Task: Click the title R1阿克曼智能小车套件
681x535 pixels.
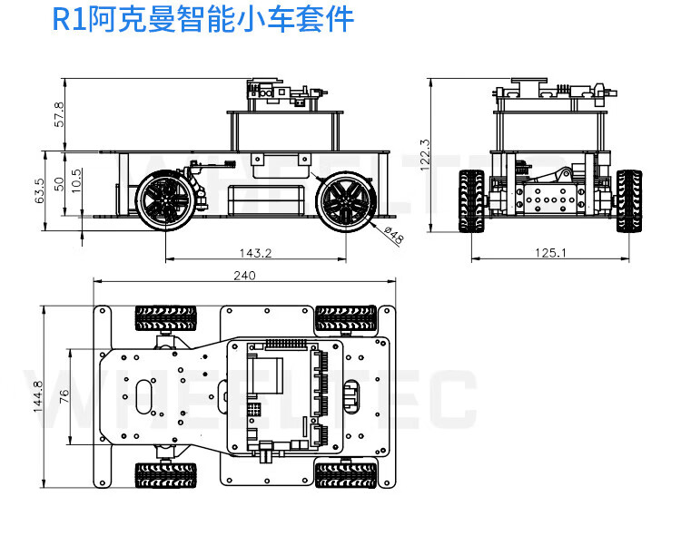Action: [202, 20]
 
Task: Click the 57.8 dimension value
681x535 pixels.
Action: [59, 114]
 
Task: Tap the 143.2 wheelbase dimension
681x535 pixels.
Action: [256, 253]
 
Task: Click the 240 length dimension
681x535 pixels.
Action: [244, 276]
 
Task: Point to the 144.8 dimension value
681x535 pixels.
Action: [39, 396]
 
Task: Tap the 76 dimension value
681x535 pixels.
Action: [64, 396]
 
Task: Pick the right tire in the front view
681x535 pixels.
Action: [628, 201]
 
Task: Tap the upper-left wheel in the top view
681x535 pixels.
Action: [165, 318]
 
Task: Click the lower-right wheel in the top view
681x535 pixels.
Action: [346, 474]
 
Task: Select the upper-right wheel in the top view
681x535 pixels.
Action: [346, 318]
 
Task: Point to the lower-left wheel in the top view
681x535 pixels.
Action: [165, 474]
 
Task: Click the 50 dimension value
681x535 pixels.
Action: [59, 183]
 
